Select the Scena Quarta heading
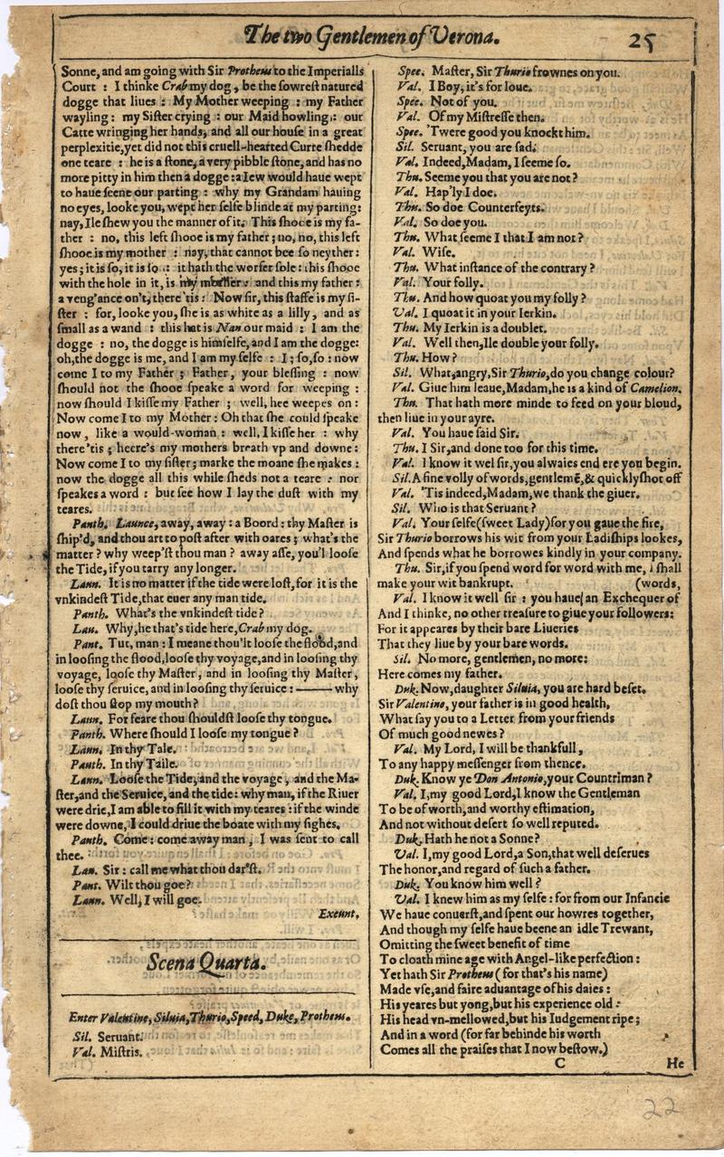click(x=206, y=963)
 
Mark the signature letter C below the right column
click(x=559, y=1064)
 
